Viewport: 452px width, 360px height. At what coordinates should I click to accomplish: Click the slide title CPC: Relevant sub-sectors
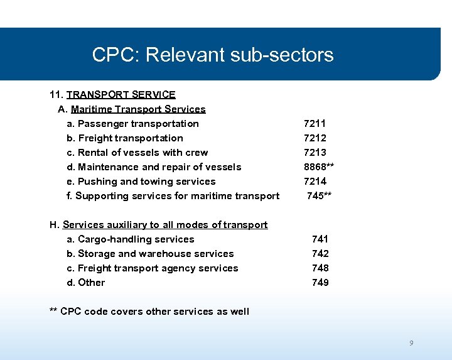click(213, 55)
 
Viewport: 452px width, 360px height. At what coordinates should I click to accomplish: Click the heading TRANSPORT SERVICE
click(121, 95)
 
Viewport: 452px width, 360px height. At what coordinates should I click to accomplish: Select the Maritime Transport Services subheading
click(138, 109)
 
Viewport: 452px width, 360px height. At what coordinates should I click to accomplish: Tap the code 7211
click(315, 124)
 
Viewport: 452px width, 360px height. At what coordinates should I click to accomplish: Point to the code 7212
click(315, 138)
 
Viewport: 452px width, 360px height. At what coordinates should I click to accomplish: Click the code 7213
click(315, 153)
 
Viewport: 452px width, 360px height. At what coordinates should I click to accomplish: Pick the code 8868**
click(318, 167)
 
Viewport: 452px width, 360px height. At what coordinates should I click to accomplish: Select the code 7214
click(315, 182)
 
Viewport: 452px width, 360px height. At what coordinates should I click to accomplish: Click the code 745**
click(319, 196)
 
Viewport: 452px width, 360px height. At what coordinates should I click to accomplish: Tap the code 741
click(320, 239)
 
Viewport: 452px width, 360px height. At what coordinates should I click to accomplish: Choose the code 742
click(320, 254)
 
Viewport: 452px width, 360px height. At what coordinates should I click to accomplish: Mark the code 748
click(320, 268)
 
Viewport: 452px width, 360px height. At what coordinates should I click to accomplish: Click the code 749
click(320, 283)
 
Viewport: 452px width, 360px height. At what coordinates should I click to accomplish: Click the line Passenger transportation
click(132, 124)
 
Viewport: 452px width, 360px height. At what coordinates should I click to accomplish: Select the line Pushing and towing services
click(141, 182)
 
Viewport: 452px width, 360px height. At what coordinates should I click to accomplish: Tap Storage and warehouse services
click(150, 254)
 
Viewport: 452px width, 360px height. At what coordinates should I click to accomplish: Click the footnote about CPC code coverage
click(149, 312)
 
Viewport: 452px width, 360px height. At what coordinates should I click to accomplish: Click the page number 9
click(411, 343)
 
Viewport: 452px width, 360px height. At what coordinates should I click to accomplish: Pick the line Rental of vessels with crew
click(137, 153)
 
